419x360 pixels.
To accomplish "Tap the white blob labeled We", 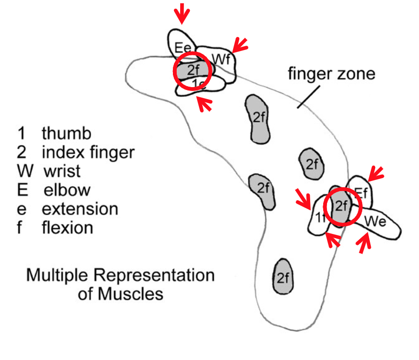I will tap(378, 223).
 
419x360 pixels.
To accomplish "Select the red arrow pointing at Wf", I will tap(239, 46).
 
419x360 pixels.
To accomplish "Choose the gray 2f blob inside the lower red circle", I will tap(341, 207).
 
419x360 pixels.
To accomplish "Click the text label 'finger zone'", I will tap(331, 74).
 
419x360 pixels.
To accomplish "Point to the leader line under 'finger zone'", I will tap(308, 96).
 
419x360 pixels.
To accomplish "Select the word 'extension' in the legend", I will tap(79, 208).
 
